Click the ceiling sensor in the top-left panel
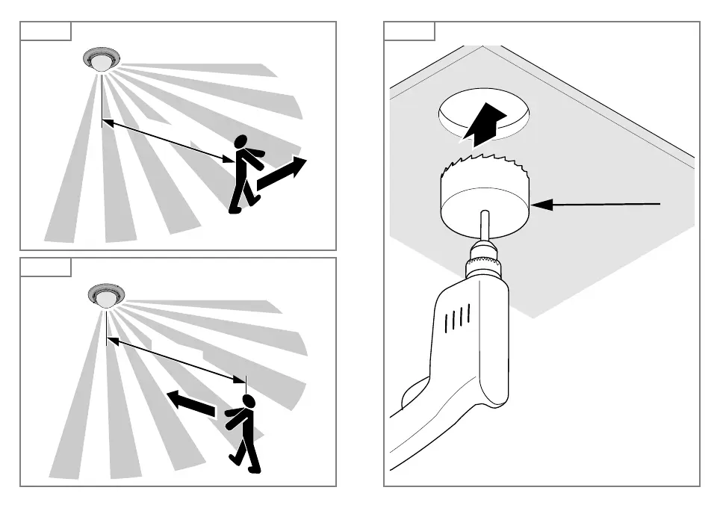tap(102, 59)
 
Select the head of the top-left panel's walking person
tap(241, 142)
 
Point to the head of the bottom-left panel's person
tap(248, 402)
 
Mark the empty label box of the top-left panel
tap(46, 31)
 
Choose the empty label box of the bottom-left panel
tap(46, 267)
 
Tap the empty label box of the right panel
tap(409, 31)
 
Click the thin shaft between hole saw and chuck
tap(484, 226)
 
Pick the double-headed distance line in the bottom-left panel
tap(176, 361)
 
